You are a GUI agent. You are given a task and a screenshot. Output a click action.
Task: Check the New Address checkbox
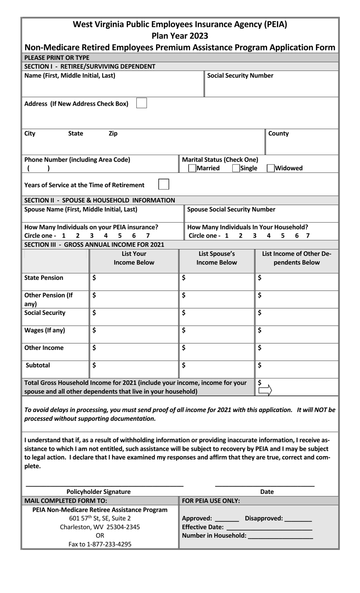tap(141, 103)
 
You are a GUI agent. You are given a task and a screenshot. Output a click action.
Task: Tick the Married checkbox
tap(193, 168)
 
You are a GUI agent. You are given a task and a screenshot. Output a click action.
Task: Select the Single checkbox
tap(236, 168)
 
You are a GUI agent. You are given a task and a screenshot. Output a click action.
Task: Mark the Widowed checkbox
tap(271, 168)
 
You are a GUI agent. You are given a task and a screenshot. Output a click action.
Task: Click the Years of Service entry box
tap(163, 184)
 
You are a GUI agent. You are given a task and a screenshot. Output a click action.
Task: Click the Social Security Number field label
tap(240, 75)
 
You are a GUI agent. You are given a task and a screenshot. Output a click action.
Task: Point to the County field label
tap(278, 133)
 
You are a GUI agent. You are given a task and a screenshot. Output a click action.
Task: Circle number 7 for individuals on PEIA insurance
tap(148, 235)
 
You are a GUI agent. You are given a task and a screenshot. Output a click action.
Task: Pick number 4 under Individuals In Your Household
tap(269, 235)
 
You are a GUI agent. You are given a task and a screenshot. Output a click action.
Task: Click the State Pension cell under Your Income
tap(134, 282)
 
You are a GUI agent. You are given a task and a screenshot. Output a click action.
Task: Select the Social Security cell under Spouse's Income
tap(217, 317)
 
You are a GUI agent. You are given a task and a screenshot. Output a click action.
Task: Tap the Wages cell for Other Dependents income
tap(297, 334)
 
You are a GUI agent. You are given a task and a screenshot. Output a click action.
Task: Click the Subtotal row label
tap(38, 365)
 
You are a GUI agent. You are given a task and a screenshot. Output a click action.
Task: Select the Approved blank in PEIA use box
tap(227, 519)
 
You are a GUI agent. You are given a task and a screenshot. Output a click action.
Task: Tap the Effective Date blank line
tap(269, 527)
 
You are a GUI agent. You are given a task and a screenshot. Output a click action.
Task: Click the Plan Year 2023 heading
tap(180, 36)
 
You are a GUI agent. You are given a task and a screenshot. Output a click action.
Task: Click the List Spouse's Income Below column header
tap(217, 258)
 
